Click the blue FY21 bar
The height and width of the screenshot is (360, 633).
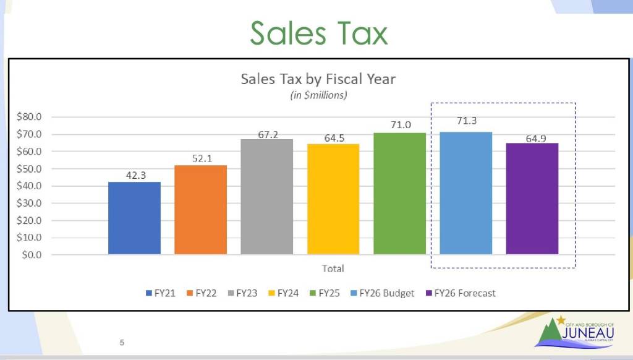click(134, 218)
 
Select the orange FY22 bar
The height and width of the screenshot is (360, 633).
click(200, 210)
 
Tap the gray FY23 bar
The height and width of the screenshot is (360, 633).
click(267, 197)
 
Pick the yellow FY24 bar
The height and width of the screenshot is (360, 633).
click(333, 199)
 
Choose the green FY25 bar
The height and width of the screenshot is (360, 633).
click(399, 193)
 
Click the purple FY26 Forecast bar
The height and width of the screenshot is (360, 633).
click(532, 199)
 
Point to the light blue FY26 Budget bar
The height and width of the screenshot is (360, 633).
click(466, 193)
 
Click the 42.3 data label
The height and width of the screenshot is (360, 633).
click(134, 175)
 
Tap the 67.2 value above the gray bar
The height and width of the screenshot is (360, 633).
click(267, 134)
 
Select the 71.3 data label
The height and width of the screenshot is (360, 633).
click(467, 121)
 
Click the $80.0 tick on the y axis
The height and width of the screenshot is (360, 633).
click(28, 117)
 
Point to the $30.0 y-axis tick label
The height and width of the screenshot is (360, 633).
click(28, 203)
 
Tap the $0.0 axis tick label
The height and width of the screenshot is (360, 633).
click(31, 255)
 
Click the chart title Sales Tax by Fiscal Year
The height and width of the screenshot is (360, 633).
click(318, 79)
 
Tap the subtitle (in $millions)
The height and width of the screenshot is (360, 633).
click(318, 95)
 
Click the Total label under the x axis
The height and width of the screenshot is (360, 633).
click(333, 269)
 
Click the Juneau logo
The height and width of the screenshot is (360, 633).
click(575, 332)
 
